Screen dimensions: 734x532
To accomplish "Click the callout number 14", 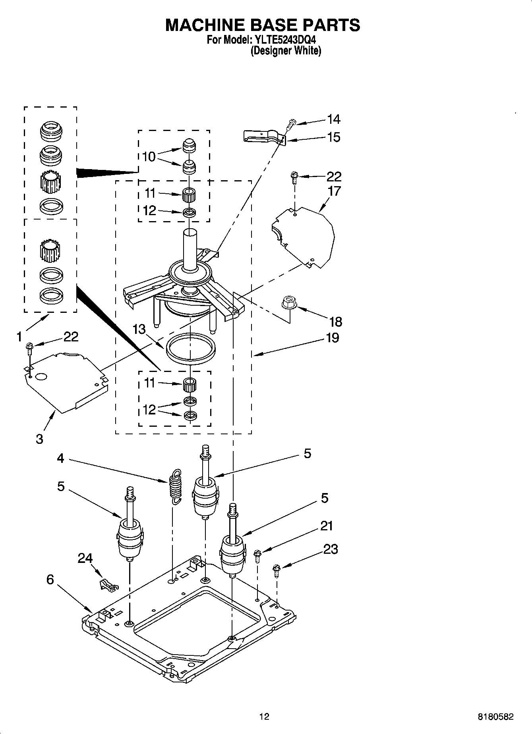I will [x=333, y=119].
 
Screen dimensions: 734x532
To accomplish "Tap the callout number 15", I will [x=333, y=137].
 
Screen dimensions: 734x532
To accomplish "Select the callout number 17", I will [x=334, y=191].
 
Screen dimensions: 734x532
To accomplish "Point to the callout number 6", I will [x=50, y=580].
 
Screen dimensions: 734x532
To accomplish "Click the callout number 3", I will [x=39, y=439].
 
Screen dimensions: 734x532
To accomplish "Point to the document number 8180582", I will [x=495, y=717].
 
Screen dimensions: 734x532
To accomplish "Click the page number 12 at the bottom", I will [x=264, y=717].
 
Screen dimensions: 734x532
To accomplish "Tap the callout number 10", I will [x=149, y=157].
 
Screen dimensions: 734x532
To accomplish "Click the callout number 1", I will [x=19, y=337].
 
